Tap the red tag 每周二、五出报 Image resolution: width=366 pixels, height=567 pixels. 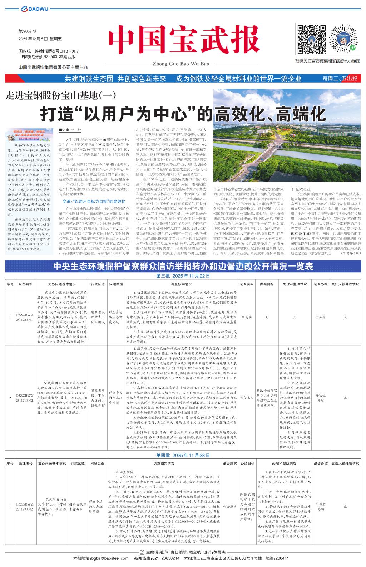coord(340,78)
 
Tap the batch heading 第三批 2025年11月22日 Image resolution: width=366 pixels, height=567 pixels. coord(183,276)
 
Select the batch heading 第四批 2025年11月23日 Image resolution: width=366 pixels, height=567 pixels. coord(183,455)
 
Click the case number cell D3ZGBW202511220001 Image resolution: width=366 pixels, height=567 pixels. coord(25,317)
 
